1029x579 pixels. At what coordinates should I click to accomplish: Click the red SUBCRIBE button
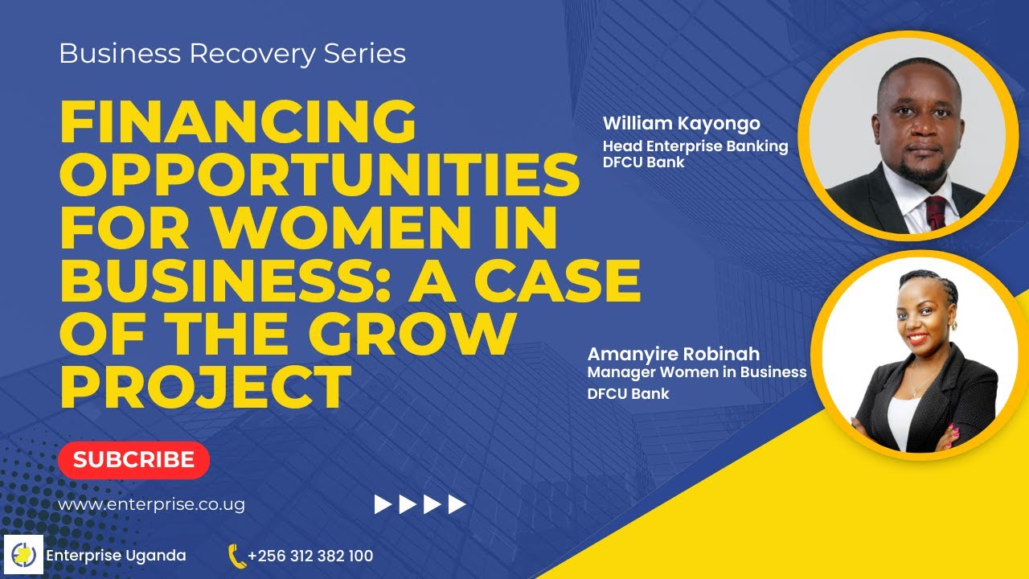tap(133, 460)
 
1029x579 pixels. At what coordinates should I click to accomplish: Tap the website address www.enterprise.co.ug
tap(151, 505)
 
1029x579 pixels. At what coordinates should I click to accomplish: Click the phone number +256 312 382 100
tap(310, 556)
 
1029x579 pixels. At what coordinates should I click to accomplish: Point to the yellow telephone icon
tap(236, 556)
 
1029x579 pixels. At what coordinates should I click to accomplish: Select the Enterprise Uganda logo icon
tap(23, 555)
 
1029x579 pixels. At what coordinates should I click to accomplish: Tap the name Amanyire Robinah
tap(674, 355)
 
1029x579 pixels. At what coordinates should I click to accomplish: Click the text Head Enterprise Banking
tap(695, 146)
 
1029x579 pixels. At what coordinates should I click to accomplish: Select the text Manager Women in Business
tap(697, 372)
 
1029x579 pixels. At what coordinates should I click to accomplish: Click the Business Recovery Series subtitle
tap(232, 54)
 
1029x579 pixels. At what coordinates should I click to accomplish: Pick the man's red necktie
tap(937, 211)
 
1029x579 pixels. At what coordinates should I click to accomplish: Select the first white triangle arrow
tap(383, 505)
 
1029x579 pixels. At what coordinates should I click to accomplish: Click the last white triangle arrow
tap(457, 505)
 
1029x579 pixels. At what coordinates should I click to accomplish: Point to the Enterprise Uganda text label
tap(117, 556)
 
